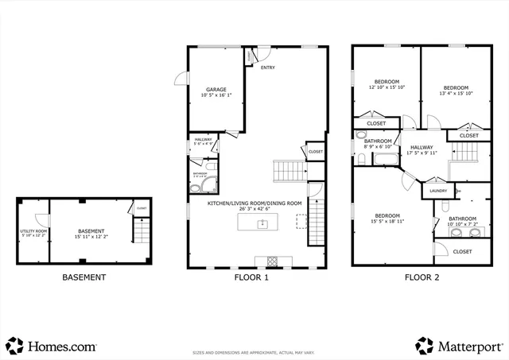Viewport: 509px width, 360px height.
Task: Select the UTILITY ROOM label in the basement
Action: point(33,231)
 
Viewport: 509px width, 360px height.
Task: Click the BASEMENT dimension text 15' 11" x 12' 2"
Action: point(90,237)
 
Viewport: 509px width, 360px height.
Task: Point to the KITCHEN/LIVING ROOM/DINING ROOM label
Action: point(254,203)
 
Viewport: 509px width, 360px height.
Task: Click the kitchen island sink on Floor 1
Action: point(262,225)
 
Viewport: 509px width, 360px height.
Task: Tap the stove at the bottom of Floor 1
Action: point(272,261)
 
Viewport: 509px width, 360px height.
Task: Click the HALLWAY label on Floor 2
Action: point(422,147)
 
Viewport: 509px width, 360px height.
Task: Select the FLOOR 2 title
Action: point(422,277)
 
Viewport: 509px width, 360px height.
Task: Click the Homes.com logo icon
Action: point(15,346)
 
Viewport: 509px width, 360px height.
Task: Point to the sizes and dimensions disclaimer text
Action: point(254,352)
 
